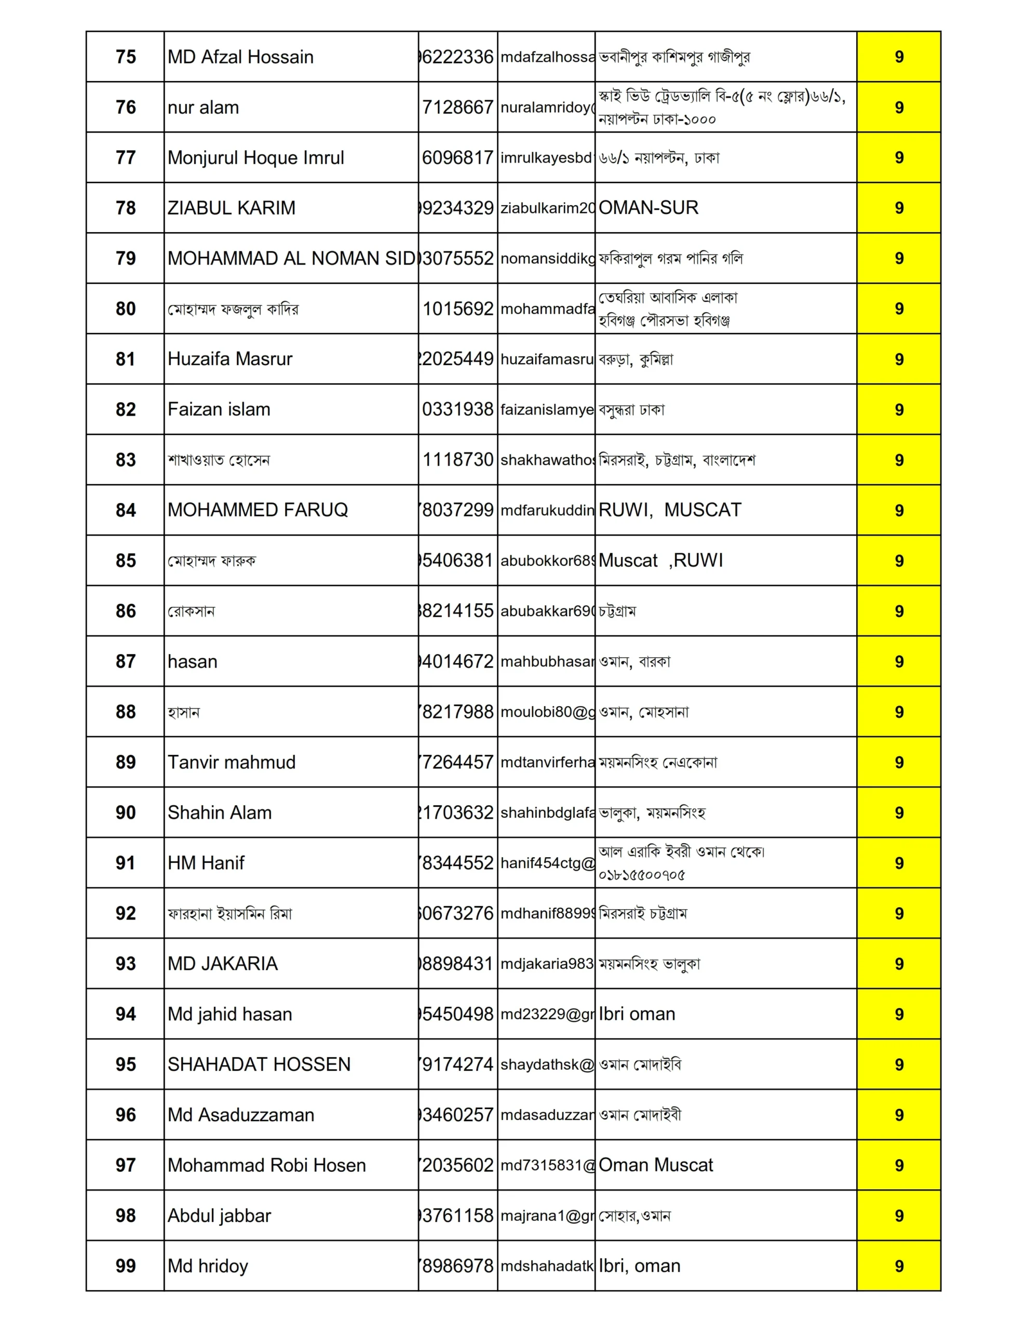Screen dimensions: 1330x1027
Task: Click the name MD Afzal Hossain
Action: point(240,57)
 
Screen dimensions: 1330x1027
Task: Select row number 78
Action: point(126,208)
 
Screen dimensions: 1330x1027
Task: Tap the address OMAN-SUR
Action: point(648,208)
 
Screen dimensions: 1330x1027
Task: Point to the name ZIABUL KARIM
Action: point(232,208)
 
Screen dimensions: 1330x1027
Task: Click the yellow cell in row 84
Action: point(899,510)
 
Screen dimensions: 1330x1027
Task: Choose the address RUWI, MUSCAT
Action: point(670,510)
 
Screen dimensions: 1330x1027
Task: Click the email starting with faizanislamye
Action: point(546,410)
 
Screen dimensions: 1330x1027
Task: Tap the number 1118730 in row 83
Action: point(458,460)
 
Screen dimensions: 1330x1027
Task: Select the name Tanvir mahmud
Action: point(232,763)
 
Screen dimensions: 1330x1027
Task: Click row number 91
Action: point(126,863)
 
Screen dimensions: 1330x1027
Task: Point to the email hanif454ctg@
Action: point(546,863)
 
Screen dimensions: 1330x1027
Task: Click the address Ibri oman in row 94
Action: point(637,1014)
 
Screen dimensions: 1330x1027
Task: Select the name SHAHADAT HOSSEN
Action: point(259,1065)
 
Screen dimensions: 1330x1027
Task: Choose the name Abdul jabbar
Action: point(219,1216)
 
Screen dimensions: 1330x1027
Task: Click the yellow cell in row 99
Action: point(899,1266)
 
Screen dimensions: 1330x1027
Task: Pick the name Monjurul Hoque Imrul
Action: point(255,158)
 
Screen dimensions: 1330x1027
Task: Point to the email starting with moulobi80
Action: point(546,712)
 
